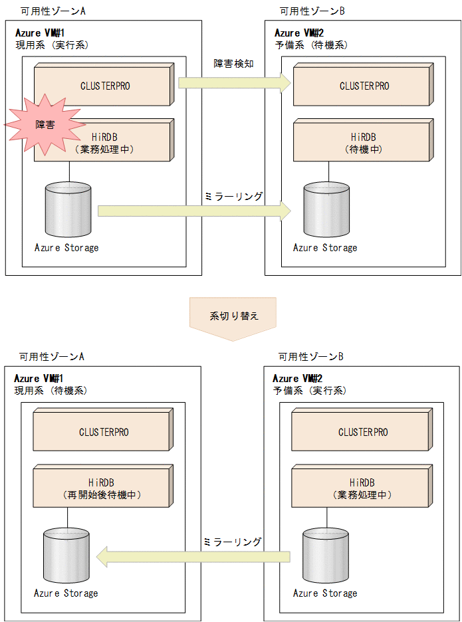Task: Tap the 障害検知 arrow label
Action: click(233, 64)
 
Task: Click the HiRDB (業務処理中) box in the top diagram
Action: click(103, 140)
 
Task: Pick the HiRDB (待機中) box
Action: click(362, 140)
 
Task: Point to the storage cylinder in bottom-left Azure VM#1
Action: click(68, 557)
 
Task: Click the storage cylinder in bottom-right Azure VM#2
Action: click(325, 557)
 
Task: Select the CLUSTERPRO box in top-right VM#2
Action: click(362, 86)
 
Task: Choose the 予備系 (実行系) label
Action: click(309, 391)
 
